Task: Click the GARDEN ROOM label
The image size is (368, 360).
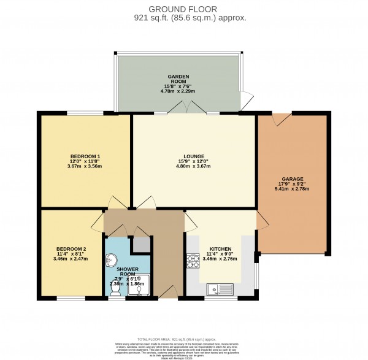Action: (x=178, y=79)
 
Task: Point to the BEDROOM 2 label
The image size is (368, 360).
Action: (x=71, y=249)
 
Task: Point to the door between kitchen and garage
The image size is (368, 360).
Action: (x=260, y=222)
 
